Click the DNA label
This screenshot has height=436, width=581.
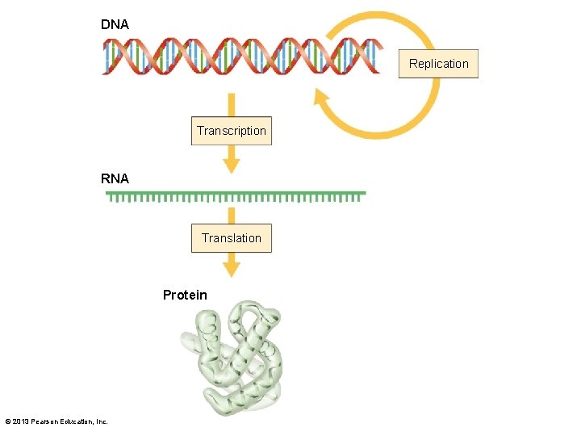pyautogui.click(x=115, y=24)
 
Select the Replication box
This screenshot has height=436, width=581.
pyautogui.click(x=438, y=64)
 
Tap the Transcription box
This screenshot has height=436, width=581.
pyautogui.click(x=232, y=131)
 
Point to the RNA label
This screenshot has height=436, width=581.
pyautogui.click(x=115, y=178)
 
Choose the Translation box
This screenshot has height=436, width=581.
pyautogui.click(x=232, y=238)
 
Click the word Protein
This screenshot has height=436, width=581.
pyautogui.click(x=185, y=295)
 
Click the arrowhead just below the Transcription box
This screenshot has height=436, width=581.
pyautogui.click(x=232, y=165)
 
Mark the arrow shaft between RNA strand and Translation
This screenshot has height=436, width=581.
pyautogui.click(x=232, y=215)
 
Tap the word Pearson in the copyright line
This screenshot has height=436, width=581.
pyautogui.click(x=47, y=421)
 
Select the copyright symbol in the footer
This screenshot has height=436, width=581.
pyautogui.click(x=7, y=421)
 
